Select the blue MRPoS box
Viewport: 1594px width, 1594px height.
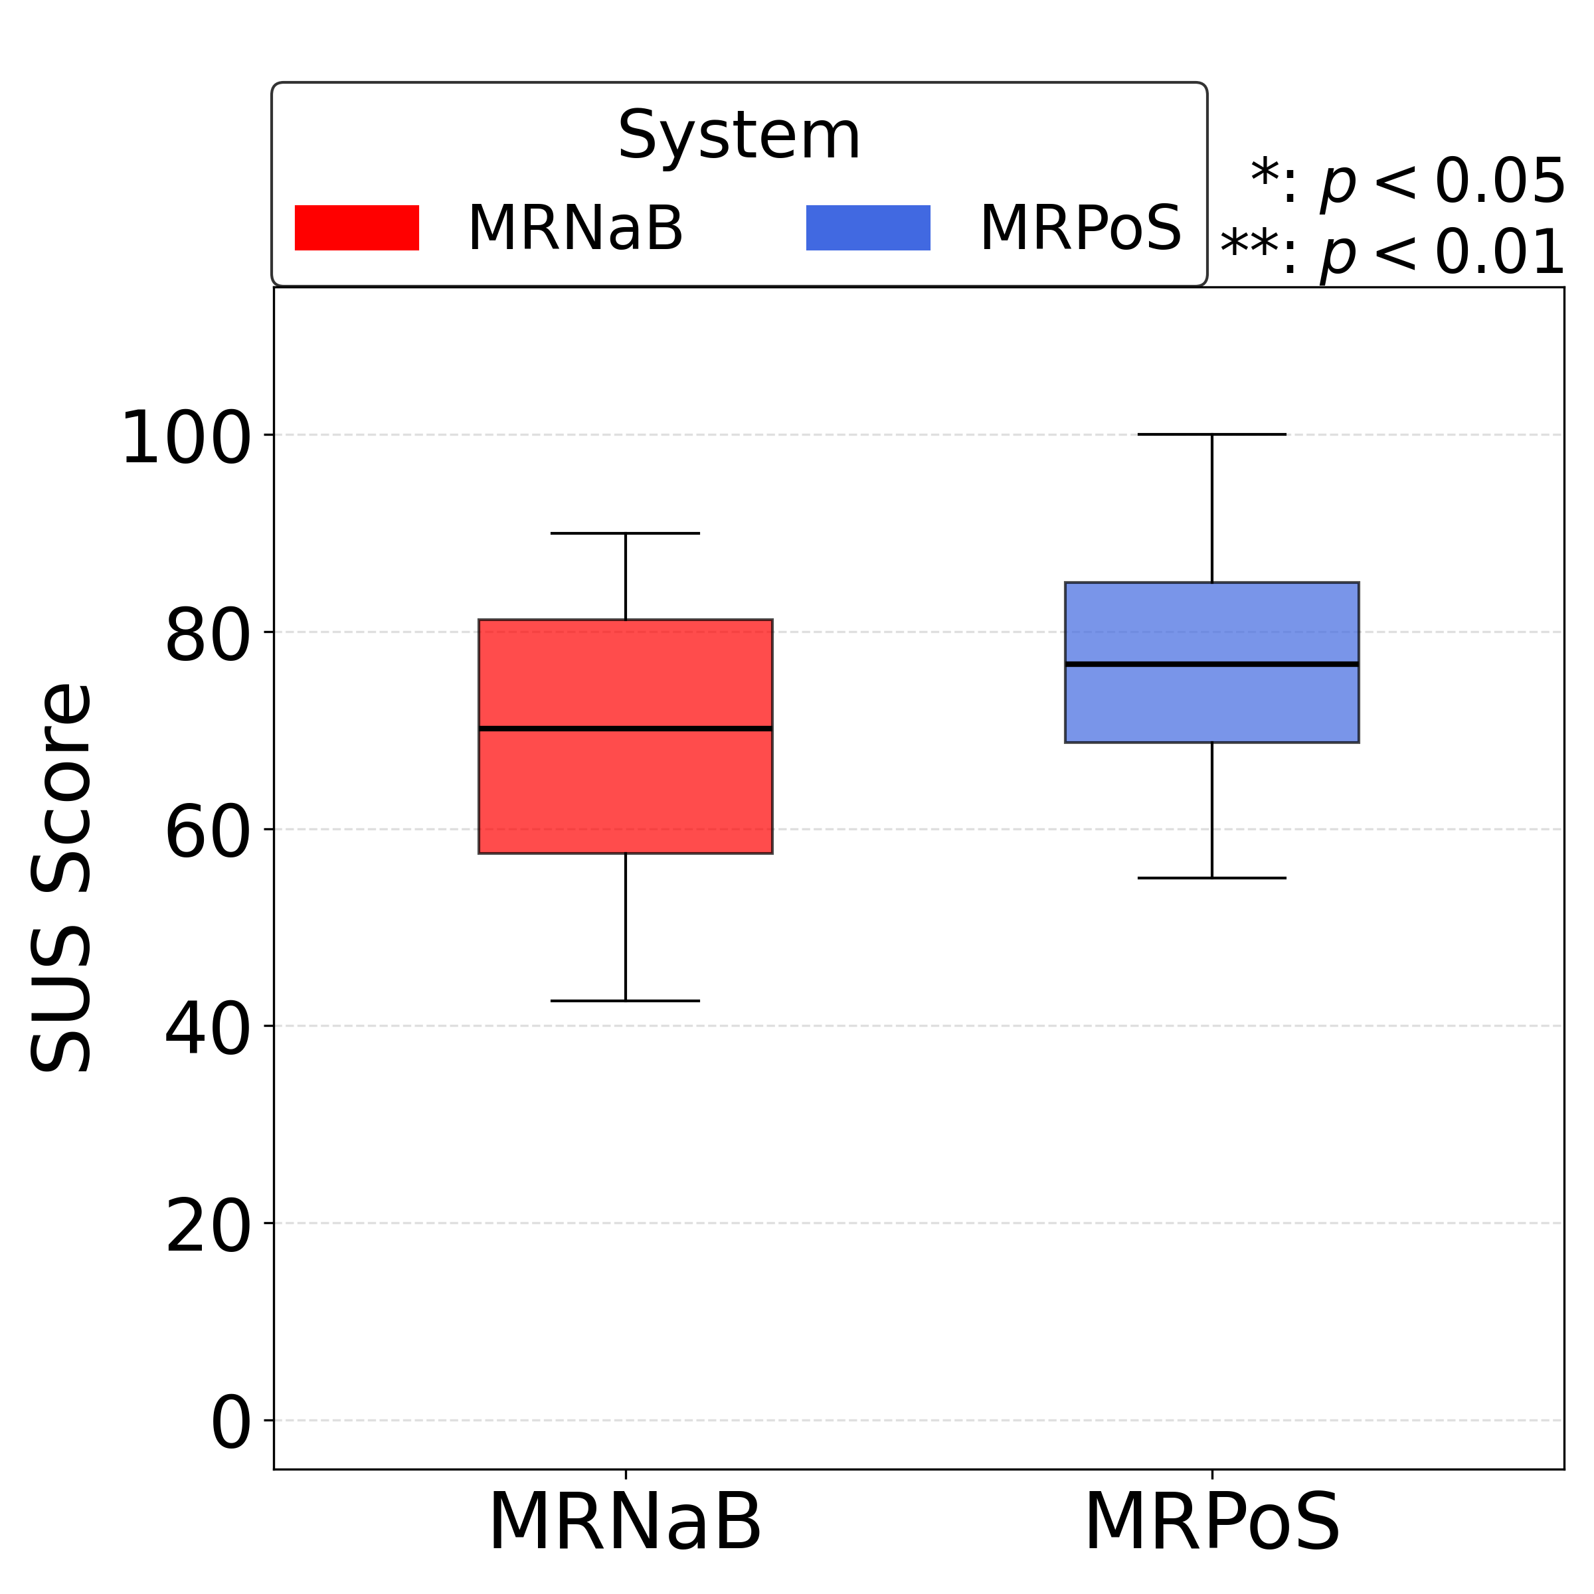point(1211,701)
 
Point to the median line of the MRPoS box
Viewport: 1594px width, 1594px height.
point(1211,664)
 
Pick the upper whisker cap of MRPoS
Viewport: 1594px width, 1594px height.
point(1211,434)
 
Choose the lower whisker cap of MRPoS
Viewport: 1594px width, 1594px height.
point(1211,878)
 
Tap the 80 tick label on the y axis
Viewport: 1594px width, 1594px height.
point(207,637)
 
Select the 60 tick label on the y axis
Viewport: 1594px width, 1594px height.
point(207,834)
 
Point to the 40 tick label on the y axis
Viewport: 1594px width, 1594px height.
point(207,1031)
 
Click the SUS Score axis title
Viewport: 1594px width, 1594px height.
point(61,878)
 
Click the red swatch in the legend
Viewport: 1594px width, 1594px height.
point(357,228)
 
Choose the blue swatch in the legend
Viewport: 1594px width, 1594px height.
point(867,228)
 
